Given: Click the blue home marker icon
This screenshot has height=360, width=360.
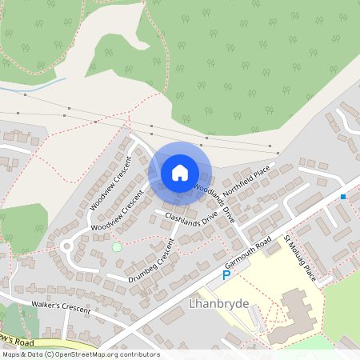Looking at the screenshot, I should pos(179,172).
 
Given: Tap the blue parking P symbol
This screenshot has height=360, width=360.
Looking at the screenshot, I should pos(226,274).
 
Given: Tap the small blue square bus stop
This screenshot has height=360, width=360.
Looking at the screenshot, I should pos(342,196).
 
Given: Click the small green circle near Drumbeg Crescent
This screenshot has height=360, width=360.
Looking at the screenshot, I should pos(117,246).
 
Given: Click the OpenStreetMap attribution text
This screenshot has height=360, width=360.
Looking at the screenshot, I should pos(80,354).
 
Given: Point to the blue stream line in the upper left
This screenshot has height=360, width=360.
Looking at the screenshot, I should pos(44,84).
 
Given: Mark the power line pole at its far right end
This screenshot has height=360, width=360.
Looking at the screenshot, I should pos(277,152).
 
